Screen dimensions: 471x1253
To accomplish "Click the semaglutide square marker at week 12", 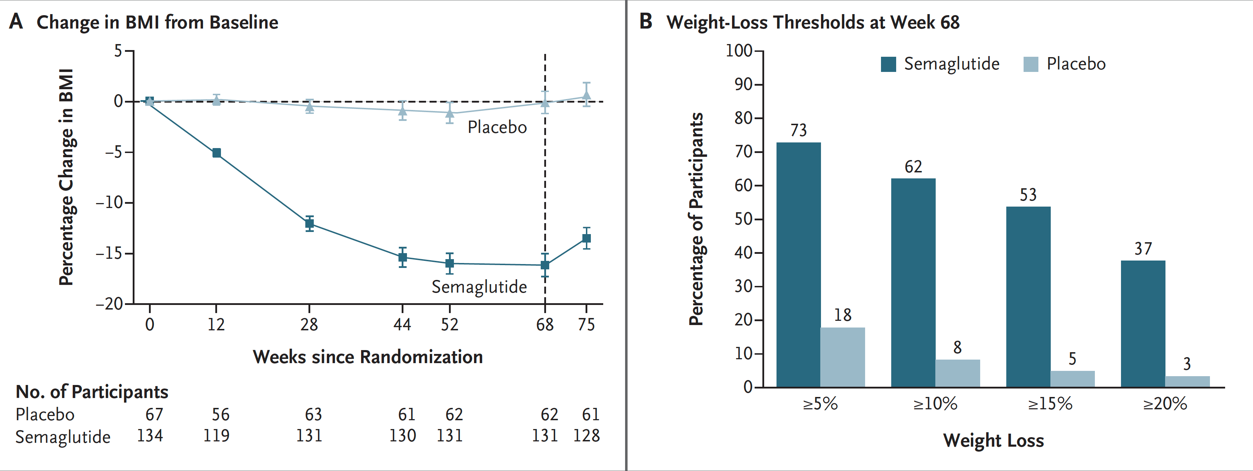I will (216, 153).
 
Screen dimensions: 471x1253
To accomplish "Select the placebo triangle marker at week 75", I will (587, 95).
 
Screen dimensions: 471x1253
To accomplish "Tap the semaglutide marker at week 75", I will (587, 238).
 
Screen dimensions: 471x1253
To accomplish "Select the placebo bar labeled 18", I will (843, 357).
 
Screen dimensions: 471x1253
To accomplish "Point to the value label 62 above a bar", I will (913, 167).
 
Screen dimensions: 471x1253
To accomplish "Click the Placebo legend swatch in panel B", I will (1031, 64).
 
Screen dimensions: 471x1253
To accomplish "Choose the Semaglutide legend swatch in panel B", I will (888, 64).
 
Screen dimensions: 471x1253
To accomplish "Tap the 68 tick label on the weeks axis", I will (545, 324).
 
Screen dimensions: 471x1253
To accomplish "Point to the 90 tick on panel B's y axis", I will (743, 84).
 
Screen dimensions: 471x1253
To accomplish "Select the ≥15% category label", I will (1050, 403).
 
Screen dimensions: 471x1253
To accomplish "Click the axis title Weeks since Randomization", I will (368, 357).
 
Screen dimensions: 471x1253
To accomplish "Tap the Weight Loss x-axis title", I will (993, 440).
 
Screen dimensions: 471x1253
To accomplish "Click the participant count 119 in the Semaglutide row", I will (216, 435).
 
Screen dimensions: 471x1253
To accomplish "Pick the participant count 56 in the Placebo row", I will (220, 414).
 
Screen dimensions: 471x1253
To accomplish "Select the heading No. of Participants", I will (92, 392).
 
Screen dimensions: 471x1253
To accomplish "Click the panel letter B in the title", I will (646, 22).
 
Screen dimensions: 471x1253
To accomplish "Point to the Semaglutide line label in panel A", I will (479, 287).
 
